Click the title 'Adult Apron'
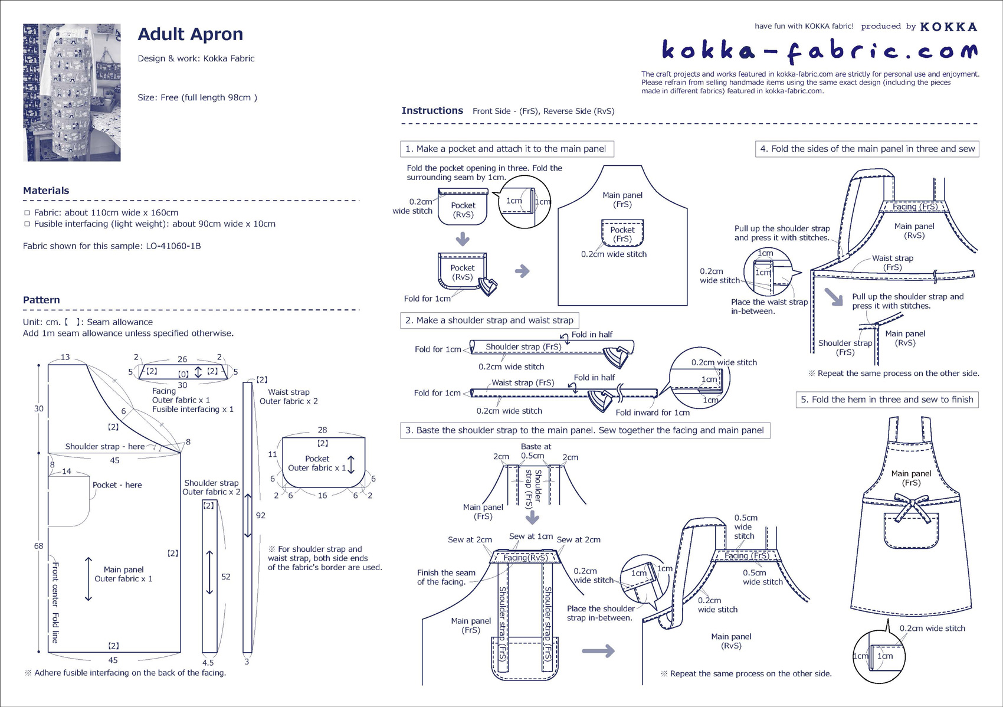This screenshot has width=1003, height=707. click(190, 34)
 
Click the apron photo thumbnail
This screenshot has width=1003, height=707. click(71, 93)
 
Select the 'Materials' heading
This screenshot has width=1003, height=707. click(46, 191)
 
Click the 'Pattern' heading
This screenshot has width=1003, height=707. click(41, 300)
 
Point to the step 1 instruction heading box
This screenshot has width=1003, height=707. click(507, 149)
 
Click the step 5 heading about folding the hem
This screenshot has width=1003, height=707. click(887, 400)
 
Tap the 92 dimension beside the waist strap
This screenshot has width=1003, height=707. click(260, 515)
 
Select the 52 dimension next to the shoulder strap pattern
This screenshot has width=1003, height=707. click(225, 577)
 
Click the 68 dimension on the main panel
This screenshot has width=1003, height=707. click(38, 546)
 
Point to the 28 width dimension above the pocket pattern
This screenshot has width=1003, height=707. click(322, 430)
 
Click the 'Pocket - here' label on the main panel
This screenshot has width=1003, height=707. click(117, 485)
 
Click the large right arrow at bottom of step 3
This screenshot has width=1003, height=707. click(598, 652)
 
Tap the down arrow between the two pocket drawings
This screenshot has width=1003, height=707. click(463, 239)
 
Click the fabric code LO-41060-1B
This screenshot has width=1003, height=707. click(173, 246)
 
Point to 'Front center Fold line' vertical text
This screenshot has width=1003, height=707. click(55, 602)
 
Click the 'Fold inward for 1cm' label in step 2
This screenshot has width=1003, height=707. click(652, 413)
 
